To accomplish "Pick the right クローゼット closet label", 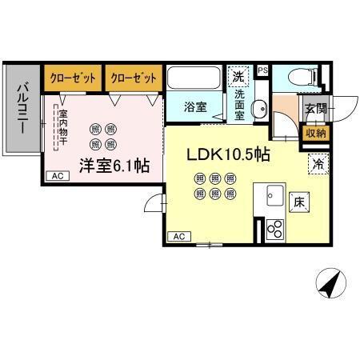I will pyautogui.click(x=133, y=78).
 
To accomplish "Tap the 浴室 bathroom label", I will pyautogui.click(x=195, y=107).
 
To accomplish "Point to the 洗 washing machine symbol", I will pyautogui.click(x=238, y=78).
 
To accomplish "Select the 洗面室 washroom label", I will pyautogui.click(x=239, y=104).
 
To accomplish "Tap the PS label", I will pyautogui.click(x=262, y=70).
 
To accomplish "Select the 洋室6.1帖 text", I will pyautogui.click(x=114, y=166).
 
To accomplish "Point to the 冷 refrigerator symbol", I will pyautogui.click(x=318, y=166).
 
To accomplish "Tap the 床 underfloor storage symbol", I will pyautogui.click(x=298, y=202).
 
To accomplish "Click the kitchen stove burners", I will pyautogui.click(x=274, y=229).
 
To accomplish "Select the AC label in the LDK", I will pyautogui.click(x=180, y=236).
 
